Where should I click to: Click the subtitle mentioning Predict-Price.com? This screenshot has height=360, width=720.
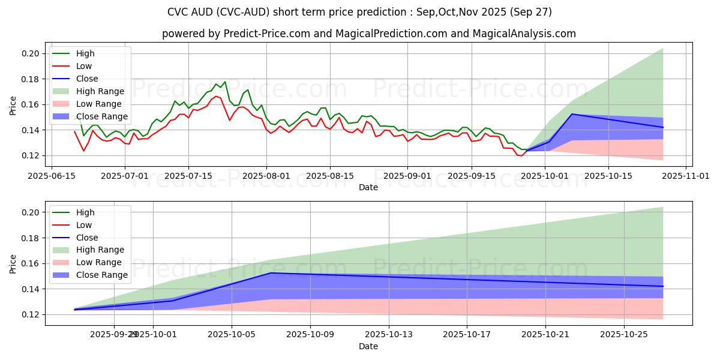point(368,34)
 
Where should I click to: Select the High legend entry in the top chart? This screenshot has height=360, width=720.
point(85,53)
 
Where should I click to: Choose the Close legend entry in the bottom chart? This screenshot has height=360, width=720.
point(87,238)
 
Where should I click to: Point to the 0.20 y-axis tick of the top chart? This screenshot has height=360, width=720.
point(31,54)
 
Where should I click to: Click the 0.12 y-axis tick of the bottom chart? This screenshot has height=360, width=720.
point(31,314)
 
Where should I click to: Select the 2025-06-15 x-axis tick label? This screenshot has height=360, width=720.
point(51,176)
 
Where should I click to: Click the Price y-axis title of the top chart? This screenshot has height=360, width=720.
point(13,106)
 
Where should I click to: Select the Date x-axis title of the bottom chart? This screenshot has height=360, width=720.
point(368,346)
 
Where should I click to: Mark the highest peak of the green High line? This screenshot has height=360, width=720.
point(225,82)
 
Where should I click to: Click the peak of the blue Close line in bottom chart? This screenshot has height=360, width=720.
point(271,273)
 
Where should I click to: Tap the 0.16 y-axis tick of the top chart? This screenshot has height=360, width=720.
point(31,104)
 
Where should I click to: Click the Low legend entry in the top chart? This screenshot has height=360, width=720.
point(83,66)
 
